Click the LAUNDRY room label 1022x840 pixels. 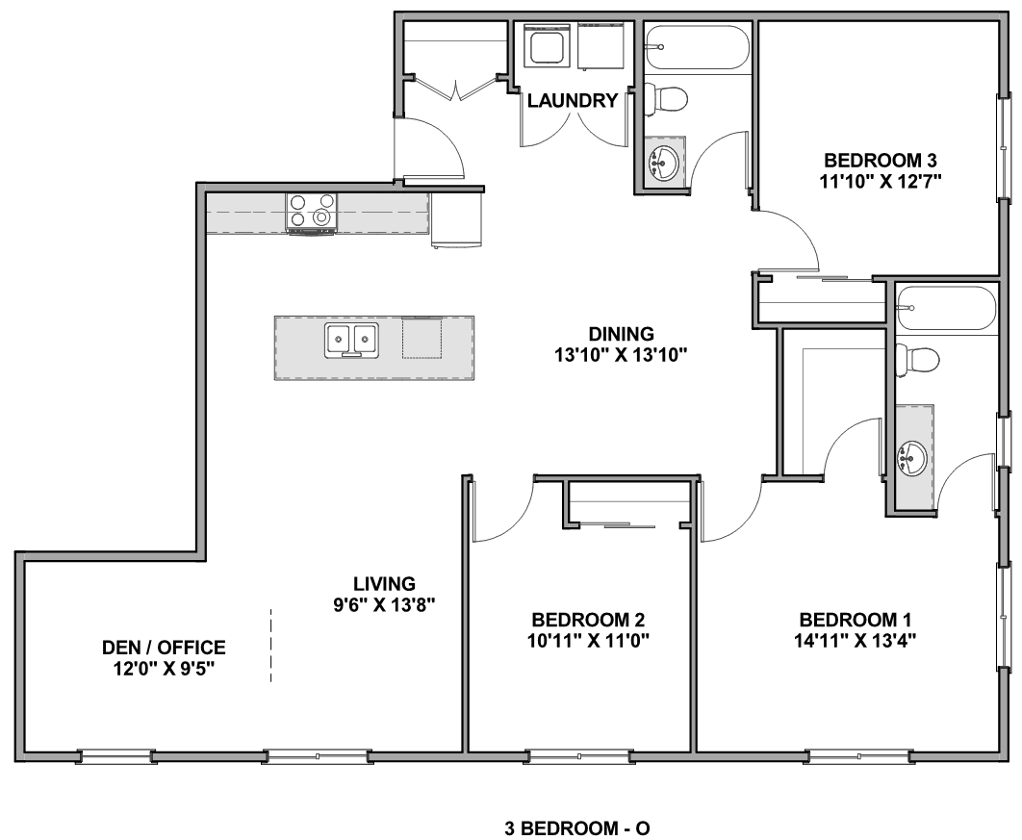pyautogui.click(x=573, y=100)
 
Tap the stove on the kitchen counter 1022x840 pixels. pyautogui.click(x=312, y=213)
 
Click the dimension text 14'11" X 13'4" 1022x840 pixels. pyautogui.click(x=856, y=641)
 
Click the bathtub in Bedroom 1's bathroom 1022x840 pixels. pyautogui.click(x=946, y=308)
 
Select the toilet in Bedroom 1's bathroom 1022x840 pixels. pyautogui.click(x=916, y=359)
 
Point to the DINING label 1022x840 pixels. pyautogui.click(x=621, y=334)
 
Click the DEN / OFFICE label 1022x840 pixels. pyautogui.click(x=164, y=648)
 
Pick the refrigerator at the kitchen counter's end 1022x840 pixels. pyautogui.click(x=456, y=219)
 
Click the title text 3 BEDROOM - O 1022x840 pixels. pyautogui.click(x=576, y=828)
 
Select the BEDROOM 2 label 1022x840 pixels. pyautogui.click(x=589, y=619)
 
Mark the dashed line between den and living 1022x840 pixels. pyautogui.click(x=271, y=646)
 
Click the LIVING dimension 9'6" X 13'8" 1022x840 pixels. pyautogui.click(x=385, y=605)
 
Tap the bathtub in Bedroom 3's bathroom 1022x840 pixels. pyautogui.click(x=698, y=47)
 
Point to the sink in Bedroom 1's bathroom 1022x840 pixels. pyautogui.click(x=912, y=456)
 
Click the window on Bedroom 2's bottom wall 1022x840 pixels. pyautogui.click(x=578, y=756)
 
